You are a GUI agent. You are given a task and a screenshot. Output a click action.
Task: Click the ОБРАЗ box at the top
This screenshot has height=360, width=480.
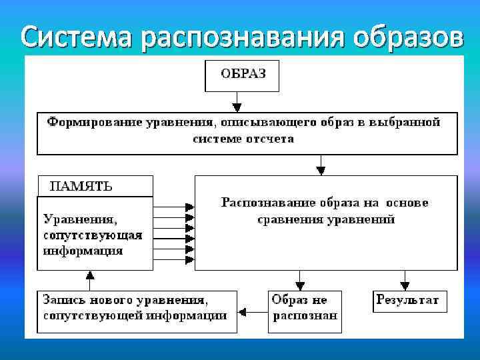[241, 75]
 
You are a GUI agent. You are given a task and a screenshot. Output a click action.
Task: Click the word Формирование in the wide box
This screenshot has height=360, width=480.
[87, 123]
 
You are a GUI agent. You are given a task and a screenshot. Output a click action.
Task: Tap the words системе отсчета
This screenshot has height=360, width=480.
[243, 139]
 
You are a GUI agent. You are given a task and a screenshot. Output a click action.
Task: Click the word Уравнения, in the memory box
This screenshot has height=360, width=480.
[80, 218]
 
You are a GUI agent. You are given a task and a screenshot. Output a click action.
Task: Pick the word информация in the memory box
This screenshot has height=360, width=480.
[83, 251]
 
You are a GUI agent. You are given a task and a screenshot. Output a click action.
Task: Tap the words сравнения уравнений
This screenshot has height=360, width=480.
[326, 219]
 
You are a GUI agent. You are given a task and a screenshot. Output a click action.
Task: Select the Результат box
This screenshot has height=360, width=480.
[407, 301]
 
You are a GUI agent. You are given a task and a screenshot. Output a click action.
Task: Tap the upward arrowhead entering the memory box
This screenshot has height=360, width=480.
[91, 274]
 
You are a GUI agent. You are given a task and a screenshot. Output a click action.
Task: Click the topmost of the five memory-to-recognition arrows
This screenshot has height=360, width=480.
[189, 207]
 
